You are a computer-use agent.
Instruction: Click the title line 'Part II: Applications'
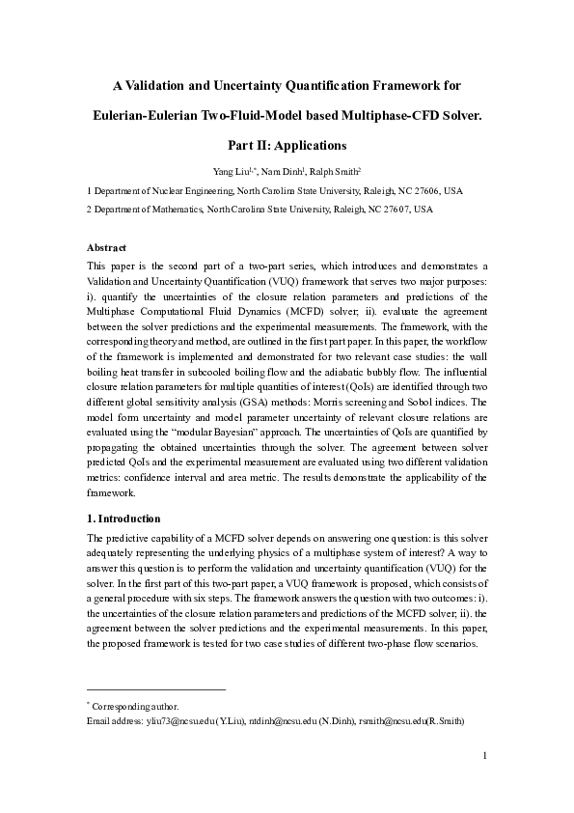[x=287, y=146]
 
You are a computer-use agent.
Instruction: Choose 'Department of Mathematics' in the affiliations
[x=149, y=209]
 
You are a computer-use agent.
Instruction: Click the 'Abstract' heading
[x=106, y=248]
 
